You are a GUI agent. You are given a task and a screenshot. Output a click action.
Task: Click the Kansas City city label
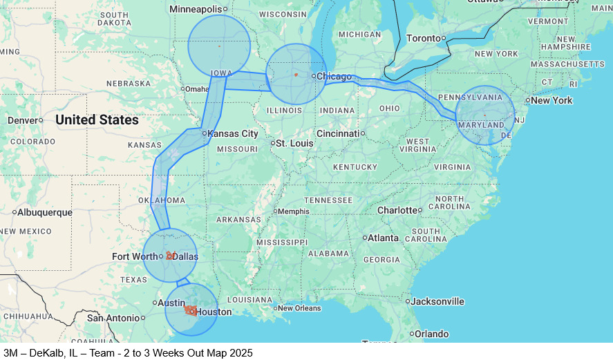233,133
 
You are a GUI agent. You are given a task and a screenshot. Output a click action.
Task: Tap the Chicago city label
334,76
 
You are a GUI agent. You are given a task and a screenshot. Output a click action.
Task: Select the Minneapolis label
196,9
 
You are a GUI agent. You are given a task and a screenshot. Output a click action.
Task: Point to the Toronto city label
423,38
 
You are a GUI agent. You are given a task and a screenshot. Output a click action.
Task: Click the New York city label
551,100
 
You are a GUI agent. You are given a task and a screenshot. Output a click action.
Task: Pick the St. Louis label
294,143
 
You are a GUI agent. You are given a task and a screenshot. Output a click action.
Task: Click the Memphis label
293,211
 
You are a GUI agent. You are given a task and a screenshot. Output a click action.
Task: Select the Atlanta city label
383,238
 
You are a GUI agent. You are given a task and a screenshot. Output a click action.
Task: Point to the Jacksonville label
438,301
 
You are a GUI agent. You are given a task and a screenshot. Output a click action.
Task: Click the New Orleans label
300,308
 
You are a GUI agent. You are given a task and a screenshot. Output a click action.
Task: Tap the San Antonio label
113,318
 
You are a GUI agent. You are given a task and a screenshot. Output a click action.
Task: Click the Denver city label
22,120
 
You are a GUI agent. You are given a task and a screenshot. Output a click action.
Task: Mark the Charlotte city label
397,210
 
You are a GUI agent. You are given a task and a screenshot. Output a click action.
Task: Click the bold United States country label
97,120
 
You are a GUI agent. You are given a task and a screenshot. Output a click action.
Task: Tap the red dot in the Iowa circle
219,46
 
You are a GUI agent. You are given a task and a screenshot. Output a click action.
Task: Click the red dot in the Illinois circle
296,74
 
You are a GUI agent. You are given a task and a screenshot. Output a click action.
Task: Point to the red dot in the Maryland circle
484,115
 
